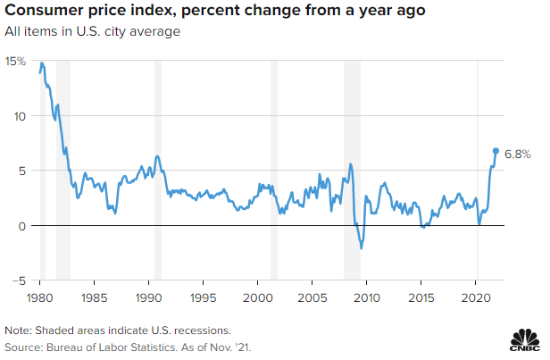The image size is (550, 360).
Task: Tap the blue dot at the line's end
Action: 496,151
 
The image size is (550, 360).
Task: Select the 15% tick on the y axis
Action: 15,61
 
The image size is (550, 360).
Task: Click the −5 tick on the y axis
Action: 18,280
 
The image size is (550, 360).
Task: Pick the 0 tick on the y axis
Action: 21,225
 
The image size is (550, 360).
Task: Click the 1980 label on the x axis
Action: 39,296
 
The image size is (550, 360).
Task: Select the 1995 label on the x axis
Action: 203,296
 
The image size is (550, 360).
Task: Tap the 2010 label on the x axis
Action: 367,296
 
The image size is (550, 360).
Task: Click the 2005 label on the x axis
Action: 312,296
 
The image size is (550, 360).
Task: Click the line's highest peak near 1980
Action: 42,63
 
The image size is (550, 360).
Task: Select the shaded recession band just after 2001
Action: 274,170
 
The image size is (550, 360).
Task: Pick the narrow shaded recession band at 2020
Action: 478,170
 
